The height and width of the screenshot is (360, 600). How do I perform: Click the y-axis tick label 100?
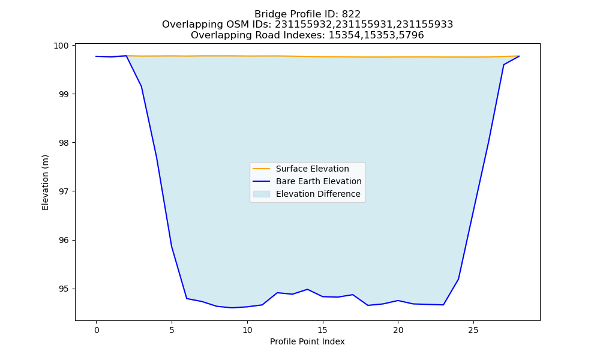tap(61, 46)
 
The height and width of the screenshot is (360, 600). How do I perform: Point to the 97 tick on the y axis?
tap(64, 191)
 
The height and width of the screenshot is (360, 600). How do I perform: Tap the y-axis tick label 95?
tap(64, 289)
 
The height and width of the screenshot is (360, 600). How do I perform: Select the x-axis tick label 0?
tap(97, 330)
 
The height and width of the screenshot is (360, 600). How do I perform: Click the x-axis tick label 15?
tap(323, 330)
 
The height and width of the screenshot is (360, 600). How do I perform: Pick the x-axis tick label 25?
tap(473, 330)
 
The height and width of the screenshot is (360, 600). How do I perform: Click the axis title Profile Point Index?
tap(307, 341)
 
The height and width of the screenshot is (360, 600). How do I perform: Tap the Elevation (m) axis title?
tap(45, 182)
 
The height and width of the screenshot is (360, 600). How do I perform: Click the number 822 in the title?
tap(351, 14)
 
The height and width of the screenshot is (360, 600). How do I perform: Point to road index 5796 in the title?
tap(412, 35)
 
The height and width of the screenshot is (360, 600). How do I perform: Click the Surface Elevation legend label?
tap(312, 169)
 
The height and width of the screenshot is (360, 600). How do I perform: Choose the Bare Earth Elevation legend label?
tap(319, 181)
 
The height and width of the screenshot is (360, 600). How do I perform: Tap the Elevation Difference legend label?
tap(318, 194)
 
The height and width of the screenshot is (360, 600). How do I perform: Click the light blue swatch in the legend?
tap(262, 194)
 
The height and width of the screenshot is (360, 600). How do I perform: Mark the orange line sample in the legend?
tap(262, 169)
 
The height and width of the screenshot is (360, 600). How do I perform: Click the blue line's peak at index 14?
tap(307, 289)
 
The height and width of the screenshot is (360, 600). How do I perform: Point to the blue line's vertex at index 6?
tap(187, 298)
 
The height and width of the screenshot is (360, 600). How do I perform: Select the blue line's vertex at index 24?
tap(458, 279)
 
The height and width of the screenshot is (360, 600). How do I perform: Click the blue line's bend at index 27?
tap(503, 65)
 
